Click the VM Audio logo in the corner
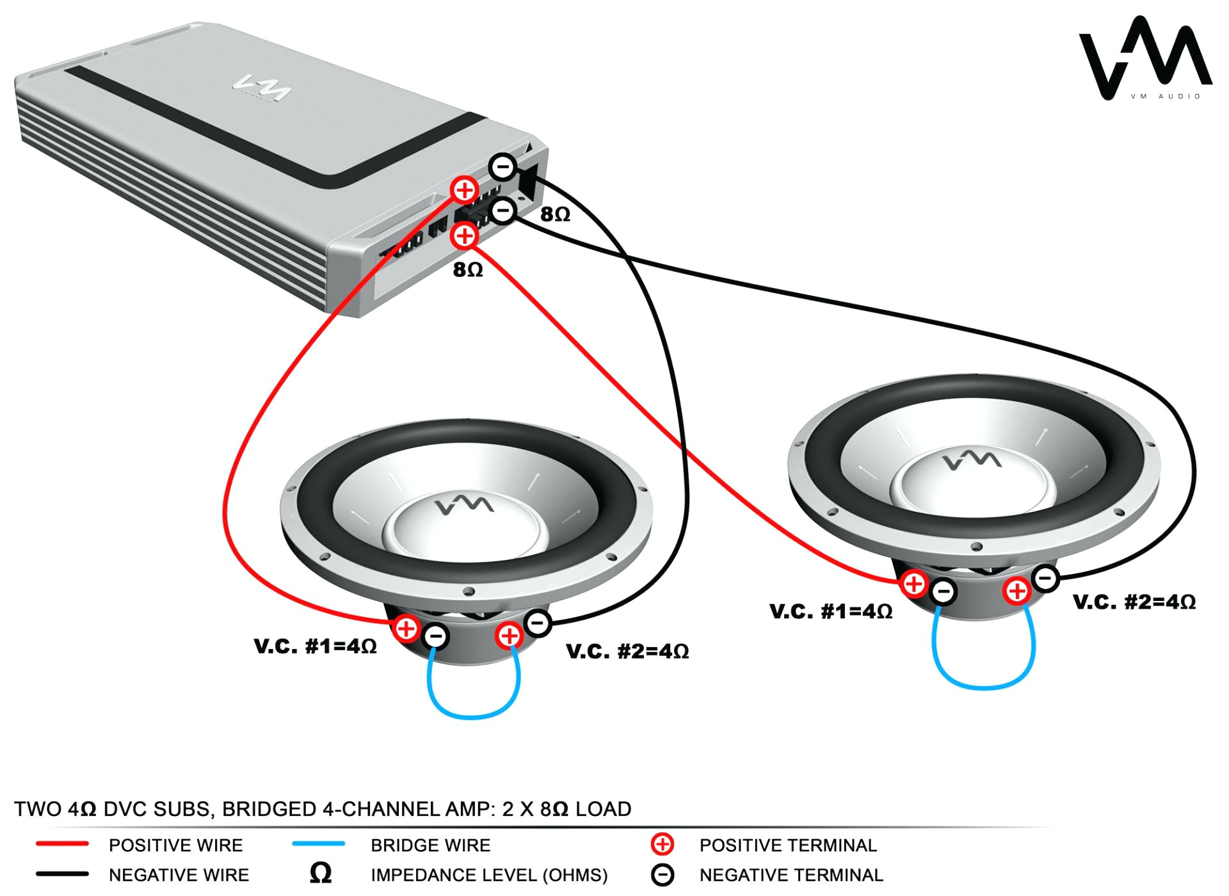pyautogui.click(x=1145, y=59)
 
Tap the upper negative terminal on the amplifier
pyautogui.click(x=503, y=168)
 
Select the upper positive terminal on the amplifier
pyautogui.click(x=464, y=190)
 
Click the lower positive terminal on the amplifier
pyautogui.click(x=464, y=236)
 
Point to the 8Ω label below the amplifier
pyautogui.click(x=468, y=270)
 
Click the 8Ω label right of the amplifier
pyautogui.click(x=555, y=214)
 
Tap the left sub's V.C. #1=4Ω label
pyautogui.click(x=315, y=646)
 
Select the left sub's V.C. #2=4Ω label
pyautogui.click(x=627, y=652)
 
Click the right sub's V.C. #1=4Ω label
pyautogui.click(x=831, y=611)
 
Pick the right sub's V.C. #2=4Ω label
pyautogui.click(x=1134, y=602)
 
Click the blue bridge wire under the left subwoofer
pyautogui.click(x=472, y=716)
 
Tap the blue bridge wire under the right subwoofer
pyautogui.click(x=983, y=687)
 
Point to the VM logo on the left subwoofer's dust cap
pyautogui.click(x=465, y=505)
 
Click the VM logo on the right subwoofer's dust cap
pyautogui.click(x=972, y=460)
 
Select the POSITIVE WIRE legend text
pyautogui.click(x=175, y=845)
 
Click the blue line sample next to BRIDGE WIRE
pyautogui.click(x=318, y=844)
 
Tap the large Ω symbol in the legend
pyautogui.click(x=321, y=873)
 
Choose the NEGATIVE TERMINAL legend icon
pyautogui.click(x=663, y=875)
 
